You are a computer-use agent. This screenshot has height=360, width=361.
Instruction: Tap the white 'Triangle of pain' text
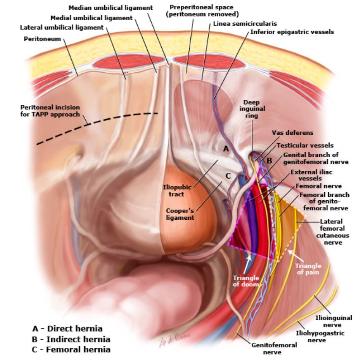point(308,269)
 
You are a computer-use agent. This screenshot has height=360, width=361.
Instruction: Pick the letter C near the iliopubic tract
point(228,176)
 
